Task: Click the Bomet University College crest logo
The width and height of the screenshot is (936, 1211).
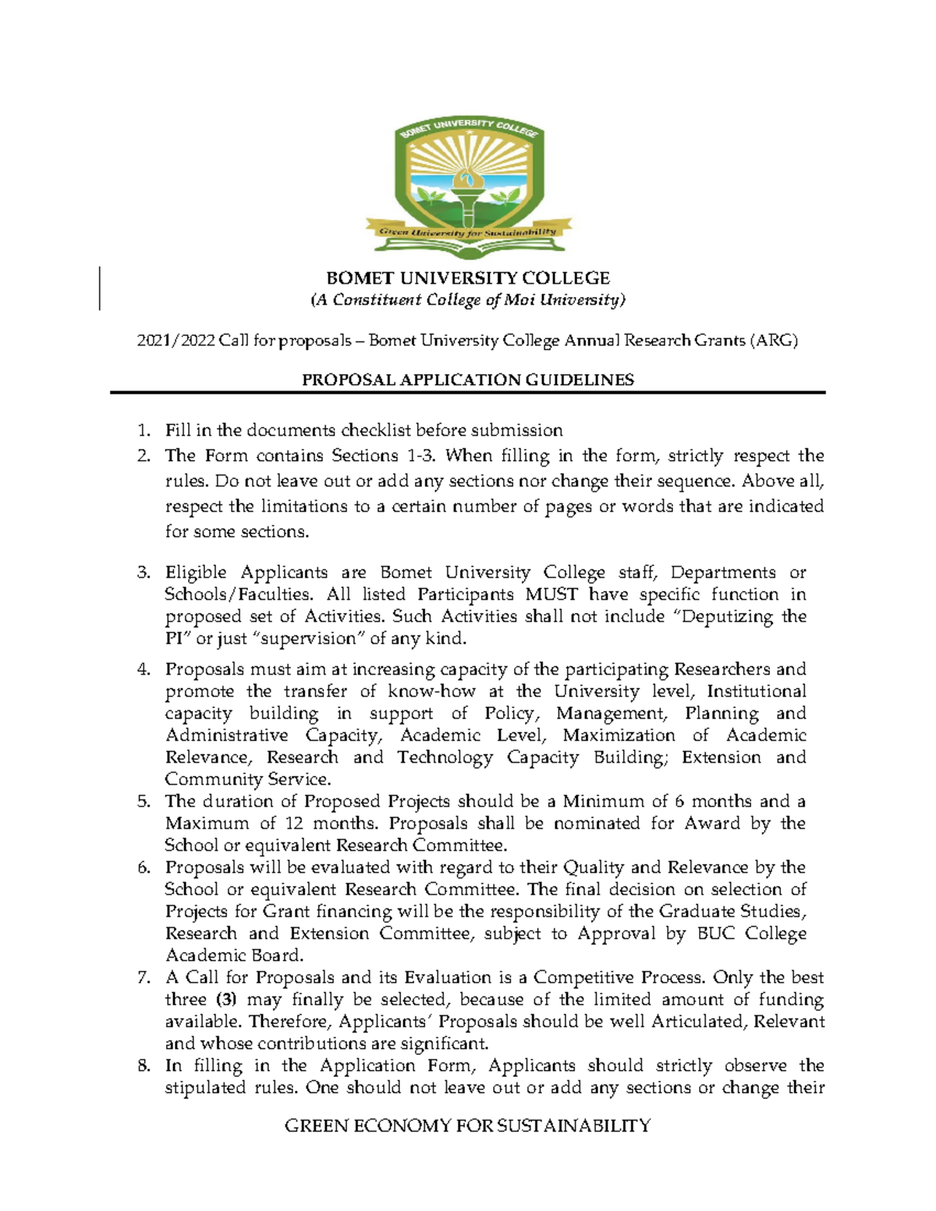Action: pos(468,187)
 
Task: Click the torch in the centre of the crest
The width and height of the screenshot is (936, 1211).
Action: pos(468,191)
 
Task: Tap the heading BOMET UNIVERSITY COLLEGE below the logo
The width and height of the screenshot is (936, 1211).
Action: pos(468,278)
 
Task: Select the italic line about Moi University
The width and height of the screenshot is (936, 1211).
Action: pos(468,300)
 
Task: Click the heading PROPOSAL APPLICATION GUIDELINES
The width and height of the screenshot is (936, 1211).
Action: pos(468,380)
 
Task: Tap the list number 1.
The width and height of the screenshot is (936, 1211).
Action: pos(143,430)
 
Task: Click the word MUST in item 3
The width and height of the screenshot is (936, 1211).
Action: pos(551,594)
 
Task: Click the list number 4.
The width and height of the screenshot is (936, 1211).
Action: pos(143,669)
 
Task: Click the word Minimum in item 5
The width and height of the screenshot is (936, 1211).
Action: pos(604,802)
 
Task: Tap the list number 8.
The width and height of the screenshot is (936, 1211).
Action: pos(143,1066)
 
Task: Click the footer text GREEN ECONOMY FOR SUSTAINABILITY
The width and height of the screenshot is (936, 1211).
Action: pos(468,1125)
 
